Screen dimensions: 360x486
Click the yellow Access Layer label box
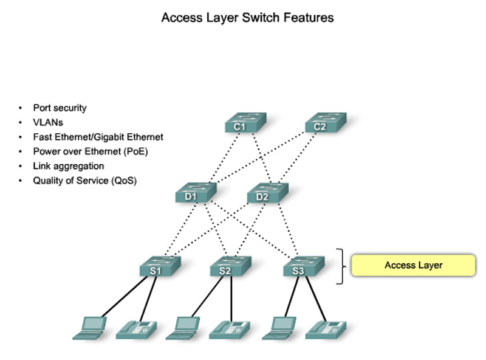(414, 265)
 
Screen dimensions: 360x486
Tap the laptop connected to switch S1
(89, 327)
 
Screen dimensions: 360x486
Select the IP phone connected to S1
(136, 329)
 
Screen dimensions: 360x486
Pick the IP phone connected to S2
(230, 329)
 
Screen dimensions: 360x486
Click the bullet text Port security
(60, 108)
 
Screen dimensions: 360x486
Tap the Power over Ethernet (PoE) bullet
(91, 151)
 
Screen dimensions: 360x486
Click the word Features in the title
(310, 18)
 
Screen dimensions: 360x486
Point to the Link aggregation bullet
(68, 166)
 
